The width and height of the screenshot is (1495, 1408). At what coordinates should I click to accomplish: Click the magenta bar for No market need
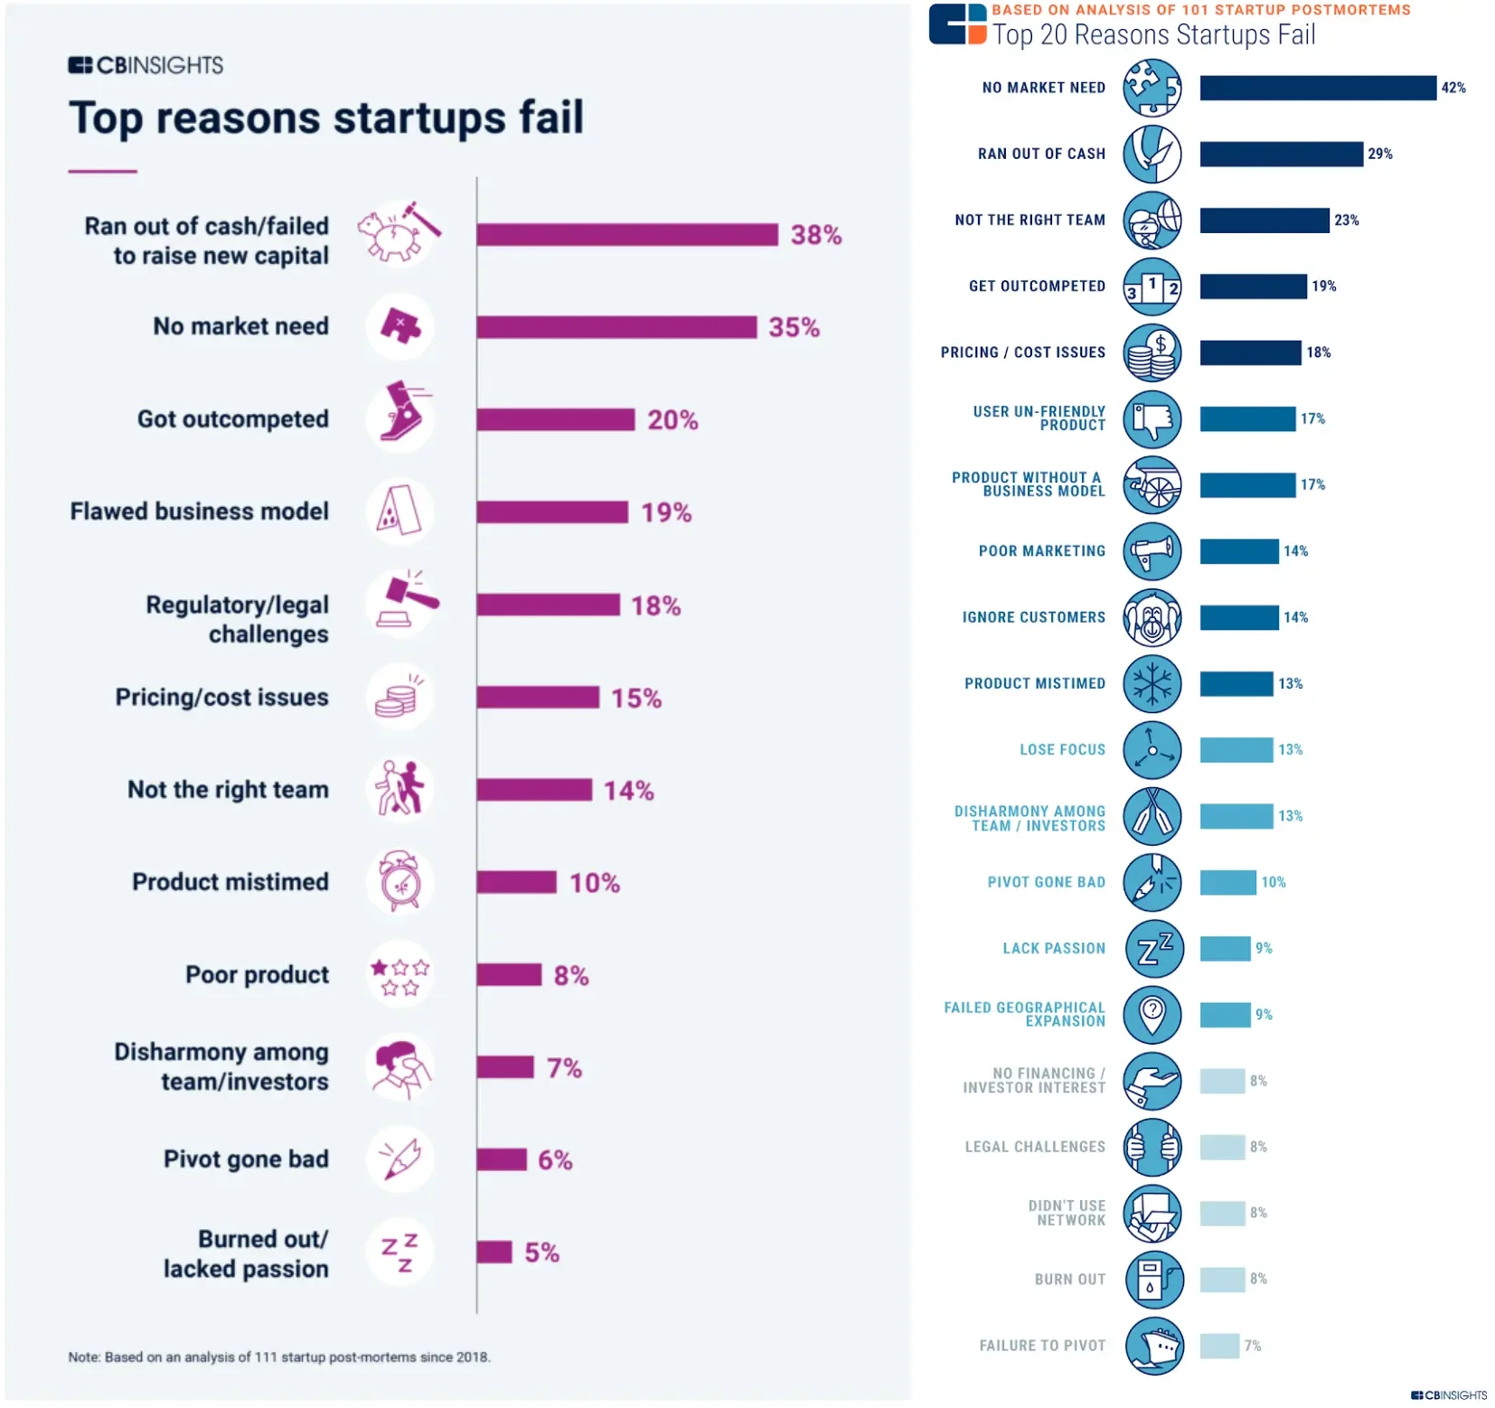coord(616,327)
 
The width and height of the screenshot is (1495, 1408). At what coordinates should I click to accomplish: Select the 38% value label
coord(815,235)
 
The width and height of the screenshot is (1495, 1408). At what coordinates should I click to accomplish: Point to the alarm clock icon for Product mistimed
coord(400,881)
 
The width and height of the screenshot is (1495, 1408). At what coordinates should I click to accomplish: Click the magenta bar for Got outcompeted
coord(555,419)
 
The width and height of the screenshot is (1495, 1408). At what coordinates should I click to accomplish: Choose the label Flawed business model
coord(200,512)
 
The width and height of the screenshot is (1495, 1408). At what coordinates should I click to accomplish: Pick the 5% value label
coord(541,1253)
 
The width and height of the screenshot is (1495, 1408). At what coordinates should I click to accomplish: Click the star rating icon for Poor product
coord(400,976)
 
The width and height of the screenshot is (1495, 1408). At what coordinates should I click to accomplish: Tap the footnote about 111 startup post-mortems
coord(279,1356)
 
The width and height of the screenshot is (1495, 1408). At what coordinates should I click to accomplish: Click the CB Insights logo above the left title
coord(146,65)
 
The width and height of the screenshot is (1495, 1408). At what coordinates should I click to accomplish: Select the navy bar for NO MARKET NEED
coord(1317,88)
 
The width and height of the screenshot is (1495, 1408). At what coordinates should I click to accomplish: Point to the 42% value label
coord(1453,88)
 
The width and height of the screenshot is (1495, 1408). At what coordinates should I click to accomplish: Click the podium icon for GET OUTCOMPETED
coord(1152,286)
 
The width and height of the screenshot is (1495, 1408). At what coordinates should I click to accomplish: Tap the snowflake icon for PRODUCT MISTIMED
coord(1152,683)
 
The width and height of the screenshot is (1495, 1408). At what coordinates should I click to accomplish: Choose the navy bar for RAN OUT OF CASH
coord(1281,154)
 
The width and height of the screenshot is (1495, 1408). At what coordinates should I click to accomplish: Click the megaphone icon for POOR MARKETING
coord(1152,551)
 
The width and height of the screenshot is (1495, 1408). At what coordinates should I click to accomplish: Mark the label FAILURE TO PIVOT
coord(1042,1346)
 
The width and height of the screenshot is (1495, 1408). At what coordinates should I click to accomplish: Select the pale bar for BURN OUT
coord(1222,1279)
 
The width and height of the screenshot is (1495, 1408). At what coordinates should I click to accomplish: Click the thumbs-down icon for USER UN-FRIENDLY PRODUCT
coord(1152,419)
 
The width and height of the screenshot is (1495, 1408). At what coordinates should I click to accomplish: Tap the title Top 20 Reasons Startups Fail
coord(1153,34)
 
